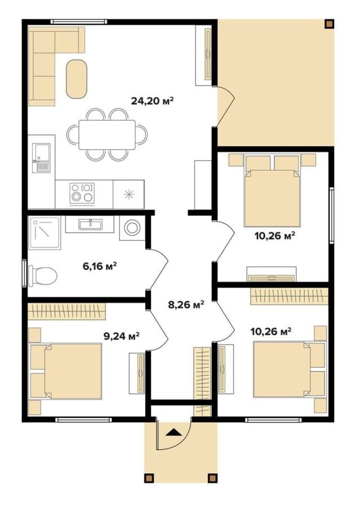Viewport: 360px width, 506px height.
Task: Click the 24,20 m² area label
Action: click(152, 101)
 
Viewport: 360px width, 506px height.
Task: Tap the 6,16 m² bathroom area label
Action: click(100, 266)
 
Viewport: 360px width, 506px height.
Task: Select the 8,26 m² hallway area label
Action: click(186, 304)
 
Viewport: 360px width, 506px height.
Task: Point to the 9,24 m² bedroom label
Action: click(121, 336)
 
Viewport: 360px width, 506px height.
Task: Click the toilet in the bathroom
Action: click(42, 276)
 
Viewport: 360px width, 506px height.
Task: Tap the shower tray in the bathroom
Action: click(45, 233)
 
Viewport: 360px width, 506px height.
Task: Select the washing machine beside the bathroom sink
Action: click(132, 228)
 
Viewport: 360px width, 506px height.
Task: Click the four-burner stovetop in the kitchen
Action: click(82, 193)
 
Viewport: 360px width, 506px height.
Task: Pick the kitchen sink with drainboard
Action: click(41, 158)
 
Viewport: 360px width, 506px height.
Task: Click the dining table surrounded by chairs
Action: click(107, 134)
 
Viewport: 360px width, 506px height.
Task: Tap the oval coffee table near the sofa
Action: click(76, 79)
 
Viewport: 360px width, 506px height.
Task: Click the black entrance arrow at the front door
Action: click(173, 432)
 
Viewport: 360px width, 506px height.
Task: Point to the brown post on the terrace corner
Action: click(329, 25)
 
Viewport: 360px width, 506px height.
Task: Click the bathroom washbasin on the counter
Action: click(91, 224)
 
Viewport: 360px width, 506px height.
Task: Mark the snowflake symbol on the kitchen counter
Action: click(129, 195)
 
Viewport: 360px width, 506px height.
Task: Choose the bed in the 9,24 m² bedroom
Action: click(66, 371)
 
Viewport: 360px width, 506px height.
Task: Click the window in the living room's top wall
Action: click(79, 21)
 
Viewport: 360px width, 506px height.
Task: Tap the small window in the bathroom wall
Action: click(25, 273)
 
